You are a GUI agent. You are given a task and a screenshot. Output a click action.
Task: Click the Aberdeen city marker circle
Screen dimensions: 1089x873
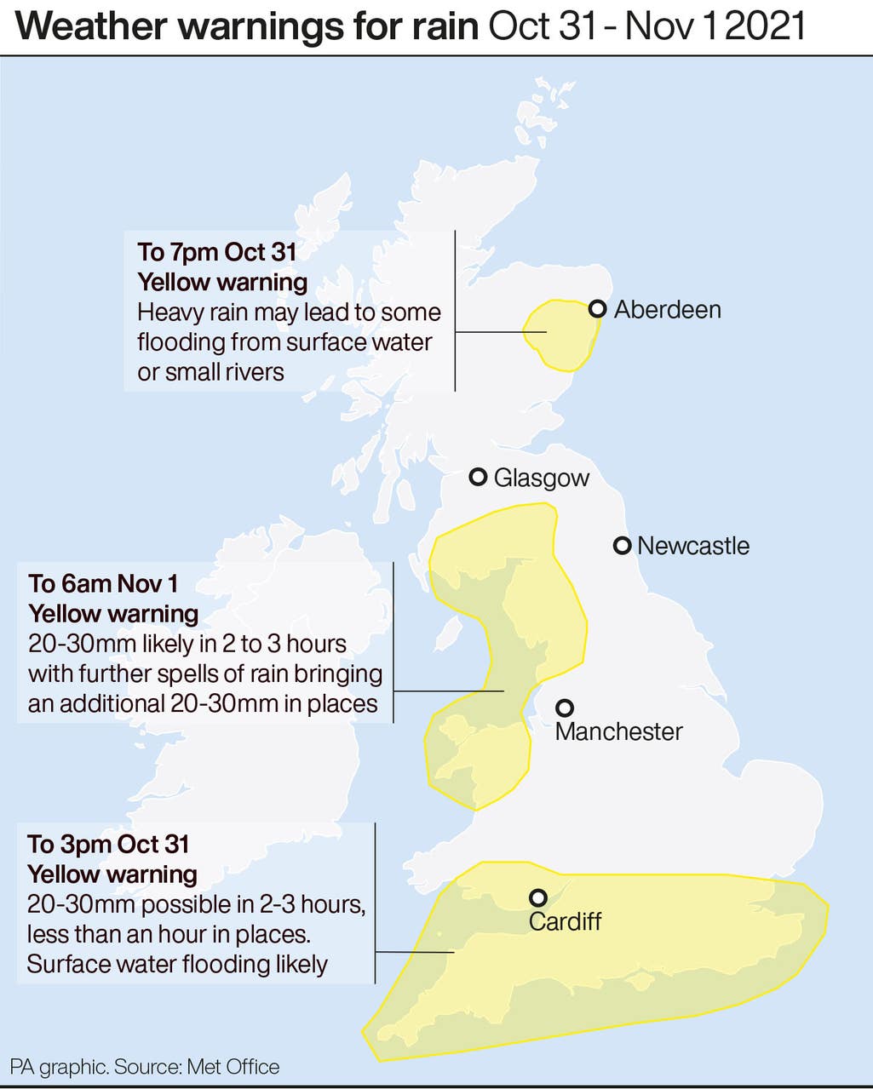click(x=598, y=309)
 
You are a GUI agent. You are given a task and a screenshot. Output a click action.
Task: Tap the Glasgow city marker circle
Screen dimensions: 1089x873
click(x=479, y=477)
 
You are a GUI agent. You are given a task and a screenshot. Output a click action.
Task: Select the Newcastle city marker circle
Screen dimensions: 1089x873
click(x=623, y=545)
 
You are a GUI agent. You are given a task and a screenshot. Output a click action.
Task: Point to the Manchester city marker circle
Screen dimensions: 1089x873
click(x=564, y=708)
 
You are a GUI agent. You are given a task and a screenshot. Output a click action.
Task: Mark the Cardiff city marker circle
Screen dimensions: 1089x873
click(x=537, y=897)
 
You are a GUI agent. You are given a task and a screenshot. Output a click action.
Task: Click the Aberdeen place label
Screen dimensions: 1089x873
click(x=667, y=309)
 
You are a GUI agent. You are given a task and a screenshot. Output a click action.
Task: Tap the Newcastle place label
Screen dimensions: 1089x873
click(x=692, y=546)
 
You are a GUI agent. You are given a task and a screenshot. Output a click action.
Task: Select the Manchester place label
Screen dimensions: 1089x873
click(x=618, y=731)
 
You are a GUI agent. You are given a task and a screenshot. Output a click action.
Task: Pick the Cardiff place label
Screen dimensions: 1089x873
click(x=565, y=921)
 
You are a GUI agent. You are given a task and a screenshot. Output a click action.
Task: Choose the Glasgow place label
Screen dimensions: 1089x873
click(x=541, y=478)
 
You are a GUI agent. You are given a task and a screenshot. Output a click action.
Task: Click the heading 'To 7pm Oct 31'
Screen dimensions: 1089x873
click(x=217, y=252)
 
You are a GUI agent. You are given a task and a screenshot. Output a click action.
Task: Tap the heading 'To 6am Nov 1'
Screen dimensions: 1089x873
click(x=103, y=583)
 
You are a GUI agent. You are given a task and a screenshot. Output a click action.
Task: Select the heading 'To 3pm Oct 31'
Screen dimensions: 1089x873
click(x=108, y=844)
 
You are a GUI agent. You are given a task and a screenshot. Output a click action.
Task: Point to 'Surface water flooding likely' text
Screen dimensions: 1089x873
click(x=177, y=964)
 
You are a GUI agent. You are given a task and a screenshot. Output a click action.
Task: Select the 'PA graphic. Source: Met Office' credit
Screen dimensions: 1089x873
click(x=145, y=1066)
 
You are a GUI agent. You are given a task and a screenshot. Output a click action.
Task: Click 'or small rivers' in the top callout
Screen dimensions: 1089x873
click(x=210, y=372)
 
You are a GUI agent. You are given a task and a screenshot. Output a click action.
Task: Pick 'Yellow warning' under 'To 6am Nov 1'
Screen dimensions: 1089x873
click(x=113, y=613)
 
